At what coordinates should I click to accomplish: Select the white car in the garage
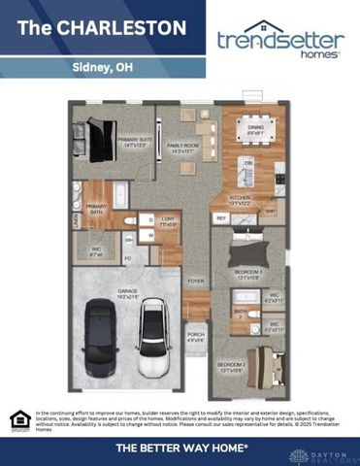(153, 338)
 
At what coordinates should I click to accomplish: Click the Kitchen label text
(239, 200)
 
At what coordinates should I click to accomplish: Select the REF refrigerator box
(221, 219)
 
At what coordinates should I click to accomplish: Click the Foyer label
(196, 282)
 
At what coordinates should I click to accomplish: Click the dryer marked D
(152, 219)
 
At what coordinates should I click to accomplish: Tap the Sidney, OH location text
(103, 68)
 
